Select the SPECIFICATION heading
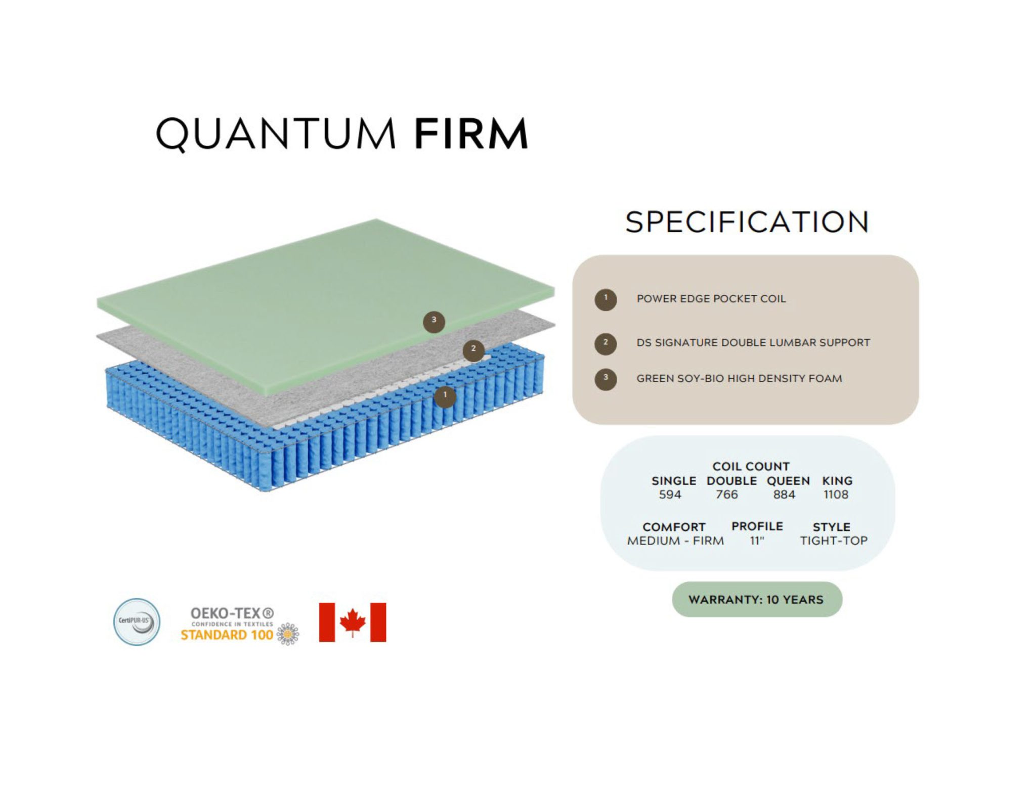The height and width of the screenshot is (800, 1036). (747, 223)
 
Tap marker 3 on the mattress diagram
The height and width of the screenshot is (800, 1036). (434, 322)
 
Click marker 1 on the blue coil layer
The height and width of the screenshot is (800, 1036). (445, 396)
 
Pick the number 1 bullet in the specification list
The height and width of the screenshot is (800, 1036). (606, 299)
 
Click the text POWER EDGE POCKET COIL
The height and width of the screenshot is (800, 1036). (711, 299)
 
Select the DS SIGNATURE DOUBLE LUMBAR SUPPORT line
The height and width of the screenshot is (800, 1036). (753, 343)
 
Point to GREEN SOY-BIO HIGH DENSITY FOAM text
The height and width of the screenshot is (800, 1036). (739, 379)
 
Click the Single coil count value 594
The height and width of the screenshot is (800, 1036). (670, 495)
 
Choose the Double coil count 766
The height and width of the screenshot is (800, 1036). (727, 495)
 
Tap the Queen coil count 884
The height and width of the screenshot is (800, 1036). (784, 495)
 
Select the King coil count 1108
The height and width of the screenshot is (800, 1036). (836, 495)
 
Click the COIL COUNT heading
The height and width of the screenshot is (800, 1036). (751, 466)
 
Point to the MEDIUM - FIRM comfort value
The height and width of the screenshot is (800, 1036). (675, 541)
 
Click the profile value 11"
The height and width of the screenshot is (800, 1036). (757, 541)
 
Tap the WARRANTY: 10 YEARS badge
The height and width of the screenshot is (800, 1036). (757, 600)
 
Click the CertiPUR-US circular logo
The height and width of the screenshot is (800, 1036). (137, 622)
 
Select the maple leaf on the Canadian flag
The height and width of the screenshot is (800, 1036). (353, 622)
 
